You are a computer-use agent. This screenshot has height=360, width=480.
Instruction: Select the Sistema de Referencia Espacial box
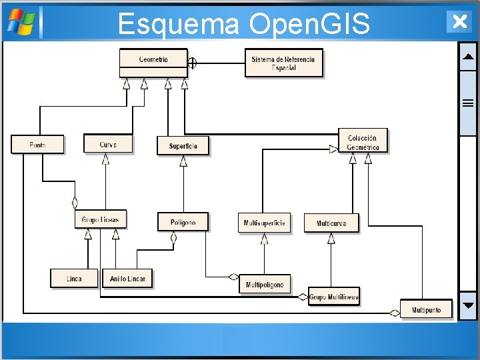coord(284,63)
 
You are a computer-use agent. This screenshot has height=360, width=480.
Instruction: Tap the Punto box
coord(37,144)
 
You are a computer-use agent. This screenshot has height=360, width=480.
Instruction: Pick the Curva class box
coord(108,144)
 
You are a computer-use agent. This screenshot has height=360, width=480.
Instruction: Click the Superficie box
coord(183,146)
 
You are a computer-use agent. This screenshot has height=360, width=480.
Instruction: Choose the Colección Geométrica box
coord(363,141)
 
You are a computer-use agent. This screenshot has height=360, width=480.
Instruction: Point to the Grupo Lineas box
coord(101,219)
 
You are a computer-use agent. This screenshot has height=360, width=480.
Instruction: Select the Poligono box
coord(183,222)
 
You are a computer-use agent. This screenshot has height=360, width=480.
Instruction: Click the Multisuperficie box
coord(265,223)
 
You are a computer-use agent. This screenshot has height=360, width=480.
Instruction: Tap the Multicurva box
coord(331,223)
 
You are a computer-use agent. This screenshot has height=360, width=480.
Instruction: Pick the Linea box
coord(74,278)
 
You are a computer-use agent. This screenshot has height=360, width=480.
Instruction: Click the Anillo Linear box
coord(127,278)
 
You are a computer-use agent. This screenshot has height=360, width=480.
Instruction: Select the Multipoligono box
coord(265,284)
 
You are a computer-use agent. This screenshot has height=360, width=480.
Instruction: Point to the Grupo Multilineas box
coord(334,297)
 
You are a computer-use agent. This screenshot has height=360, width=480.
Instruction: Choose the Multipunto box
coord(426,310)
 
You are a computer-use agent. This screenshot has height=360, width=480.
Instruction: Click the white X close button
coord(459,21)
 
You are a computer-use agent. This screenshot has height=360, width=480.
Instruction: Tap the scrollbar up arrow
coord(468,57)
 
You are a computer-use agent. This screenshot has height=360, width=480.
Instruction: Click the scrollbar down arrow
coord(468,307)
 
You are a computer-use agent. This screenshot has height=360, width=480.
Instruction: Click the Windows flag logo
coord(21,22)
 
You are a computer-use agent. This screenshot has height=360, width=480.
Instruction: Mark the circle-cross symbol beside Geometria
coord(193,63)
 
